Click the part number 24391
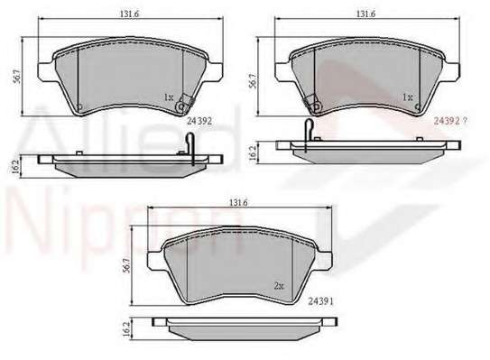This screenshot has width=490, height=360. click(x=321, y=301)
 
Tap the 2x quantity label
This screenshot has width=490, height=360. click(x=279, y=286)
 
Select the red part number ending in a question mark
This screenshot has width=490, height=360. click(x=450, y=121)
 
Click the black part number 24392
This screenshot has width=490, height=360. click(x=199, y=121)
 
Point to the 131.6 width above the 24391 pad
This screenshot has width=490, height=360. click(x=239, y=202)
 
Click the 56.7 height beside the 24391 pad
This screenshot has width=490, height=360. click(x=126, y=265)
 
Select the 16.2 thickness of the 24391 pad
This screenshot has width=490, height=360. click(x=126, y=329)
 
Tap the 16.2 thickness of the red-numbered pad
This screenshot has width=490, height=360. click(x=253, y=153)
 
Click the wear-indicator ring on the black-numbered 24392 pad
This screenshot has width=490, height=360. click(x=180, y=106)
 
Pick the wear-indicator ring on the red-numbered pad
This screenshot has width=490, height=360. click(x=316, y=106)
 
